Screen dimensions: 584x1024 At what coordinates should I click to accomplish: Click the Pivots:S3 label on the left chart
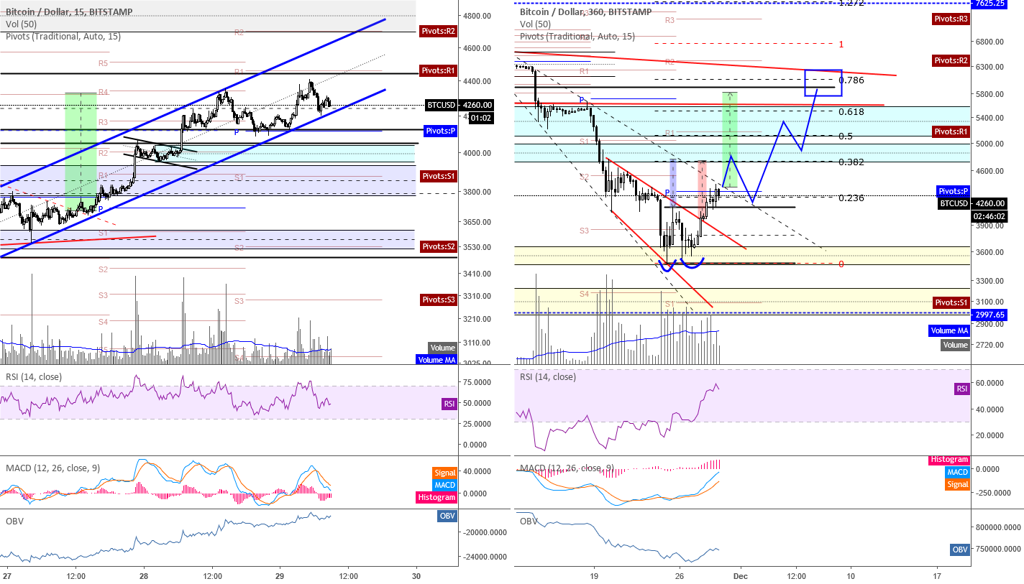point(439,300)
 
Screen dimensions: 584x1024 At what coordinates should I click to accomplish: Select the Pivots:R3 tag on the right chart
point(951,19)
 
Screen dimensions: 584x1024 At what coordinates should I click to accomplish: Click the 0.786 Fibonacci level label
point(851,80)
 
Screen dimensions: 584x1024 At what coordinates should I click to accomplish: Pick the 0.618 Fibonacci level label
point(851,112)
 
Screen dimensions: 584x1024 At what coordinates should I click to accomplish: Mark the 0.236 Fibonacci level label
point(851,198)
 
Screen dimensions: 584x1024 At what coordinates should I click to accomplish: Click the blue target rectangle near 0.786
point(823,83)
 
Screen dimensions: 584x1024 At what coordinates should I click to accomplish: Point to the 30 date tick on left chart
point(416,576)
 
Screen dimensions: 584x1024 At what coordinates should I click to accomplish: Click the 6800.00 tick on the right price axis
point(991,42)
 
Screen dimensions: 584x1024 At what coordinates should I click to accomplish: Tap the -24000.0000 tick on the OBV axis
point(485,557)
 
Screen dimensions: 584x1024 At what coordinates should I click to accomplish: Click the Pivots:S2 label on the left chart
point(439,246)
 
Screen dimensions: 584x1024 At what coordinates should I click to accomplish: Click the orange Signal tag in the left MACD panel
point(444,473)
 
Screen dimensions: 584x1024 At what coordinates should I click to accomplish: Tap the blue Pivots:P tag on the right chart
point(954,191)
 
